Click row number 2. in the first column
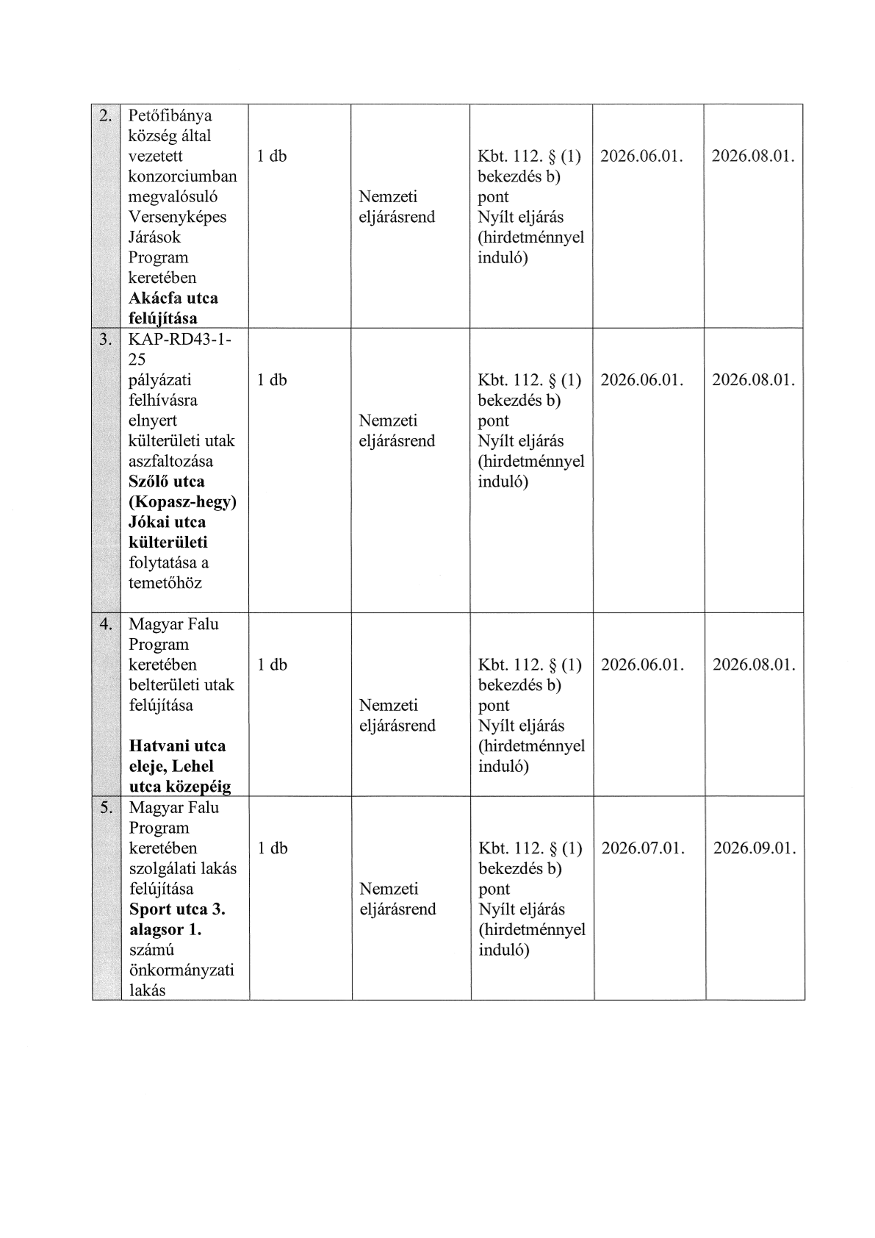point(107,115)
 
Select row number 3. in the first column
point(107,340)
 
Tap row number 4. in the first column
point(107,624)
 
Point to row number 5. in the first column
point(107,807)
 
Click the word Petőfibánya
point(170,115)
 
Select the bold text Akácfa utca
point(173,298)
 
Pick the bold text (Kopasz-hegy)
point(182,502)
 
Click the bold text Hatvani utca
point(177,746)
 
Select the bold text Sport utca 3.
point(177,909)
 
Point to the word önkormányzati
point(181,970)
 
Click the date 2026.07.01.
point(643,848)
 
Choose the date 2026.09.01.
point(755,848)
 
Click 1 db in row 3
point(272,380)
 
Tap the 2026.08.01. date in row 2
point(753,156)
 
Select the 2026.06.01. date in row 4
point(642,665)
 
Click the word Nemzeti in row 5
point(389,889)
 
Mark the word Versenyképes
point(177,217)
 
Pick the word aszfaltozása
point(170,462)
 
